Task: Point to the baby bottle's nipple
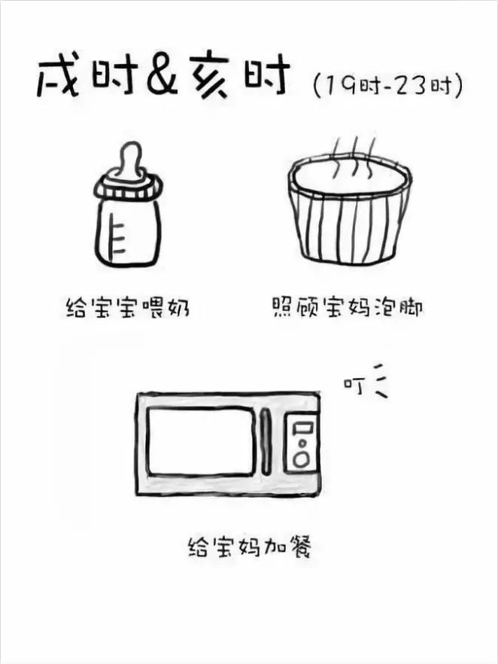click(x=131, y=160)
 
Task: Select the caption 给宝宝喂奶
click(x=126, y=309)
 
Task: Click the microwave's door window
click(x=201, y=441)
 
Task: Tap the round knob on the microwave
click(x=301, y=458)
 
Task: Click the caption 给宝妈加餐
click(x=248, y=546)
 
